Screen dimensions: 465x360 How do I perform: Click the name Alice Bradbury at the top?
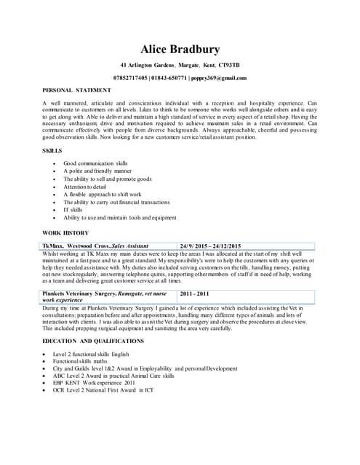[x=180, y=49]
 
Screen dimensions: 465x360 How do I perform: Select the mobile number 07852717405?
[x=132, y=78]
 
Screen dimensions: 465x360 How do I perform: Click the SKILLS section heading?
[x=52, y=150]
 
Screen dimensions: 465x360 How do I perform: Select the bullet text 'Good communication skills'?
[x=95, y=163]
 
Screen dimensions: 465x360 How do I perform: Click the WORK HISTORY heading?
[x=65, y=232]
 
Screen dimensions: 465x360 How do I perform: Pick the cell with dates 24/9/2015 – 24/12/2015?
[x=215, y=246]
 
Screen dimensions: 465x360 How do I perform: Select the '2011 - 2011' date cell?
[x=194, y=294]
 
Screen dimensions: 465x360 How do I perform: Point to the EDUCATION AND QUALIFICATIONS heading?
[x=93, y=340]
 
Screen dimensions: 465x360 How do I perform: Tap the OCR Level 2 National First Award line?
[x=108, y=390]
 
